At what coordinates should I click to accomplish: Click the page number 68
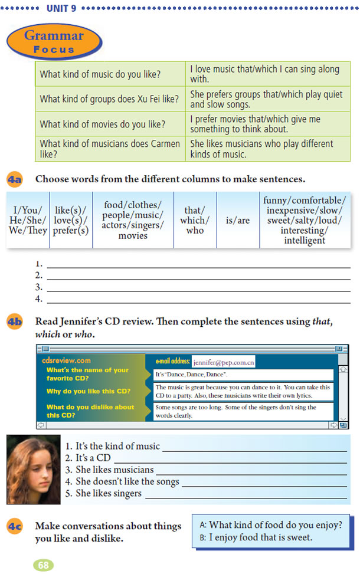(x=43, y=565)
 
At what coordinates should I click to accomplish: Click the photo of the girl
(x=33, y=469)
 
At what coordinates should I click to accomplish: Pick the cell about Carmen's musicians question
(x=110, y=149)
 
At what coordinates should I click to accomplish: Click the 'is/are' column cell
(x=238, y=219)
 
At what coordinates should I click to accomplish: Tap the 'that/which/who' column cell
(x=195, y=219)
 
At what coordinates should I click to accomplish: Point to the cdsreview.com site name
(x=66, y=360)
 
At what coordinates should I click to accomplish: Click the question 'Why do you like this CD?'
(x=89, y=391)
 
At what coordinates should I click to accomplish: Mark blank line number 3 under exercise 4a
(x=198, y=288)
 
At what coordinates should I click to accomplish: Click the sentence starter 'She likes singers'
(x=109, y=493)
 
